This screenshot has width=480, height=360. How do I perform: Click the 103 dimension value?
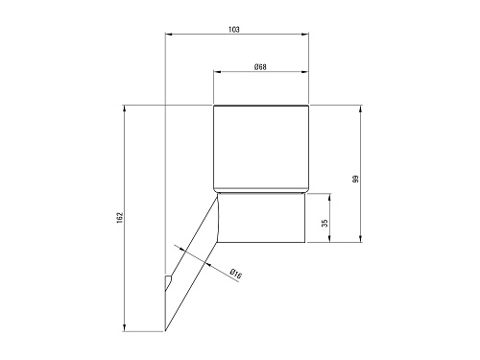234,30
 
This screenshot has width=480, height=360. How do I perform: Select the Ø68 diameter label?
260,67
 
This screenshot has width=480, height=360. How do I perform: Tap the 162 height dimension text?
120,218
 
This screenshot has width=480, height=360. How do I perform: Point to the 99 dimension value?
356,179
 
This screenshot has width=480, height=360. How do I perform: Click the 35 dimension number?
324,223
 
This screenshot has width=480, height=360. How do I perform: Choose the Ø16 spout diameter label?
236,275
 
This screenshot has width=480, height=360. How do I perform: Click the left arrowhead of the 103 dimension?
169,34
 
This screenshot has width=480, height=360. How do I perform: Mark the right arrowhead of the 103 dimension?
304,34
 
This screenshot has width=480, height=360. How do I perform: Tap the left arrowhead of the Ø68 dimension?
218,72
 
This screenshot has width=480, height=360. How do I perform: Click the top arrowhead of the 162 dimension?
124,108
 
